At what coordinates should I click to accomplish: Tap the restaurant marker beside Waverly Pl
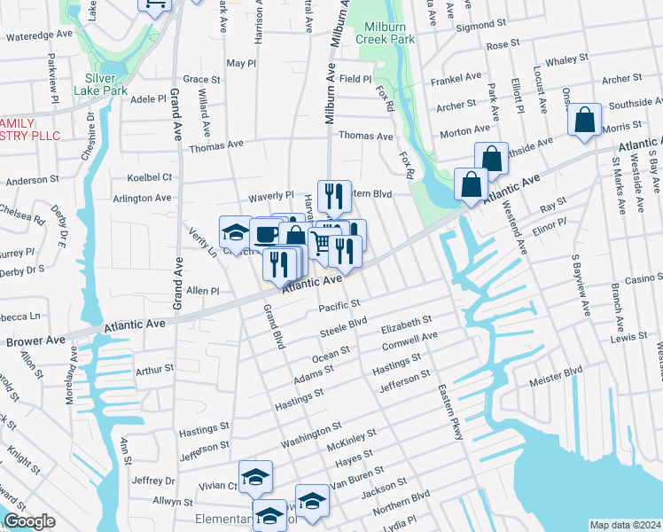pos(334,194)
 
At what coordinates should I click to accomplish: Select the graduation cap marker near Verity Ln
pos(235,231)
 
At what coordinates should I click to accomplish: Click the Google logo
pos(29,522)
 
